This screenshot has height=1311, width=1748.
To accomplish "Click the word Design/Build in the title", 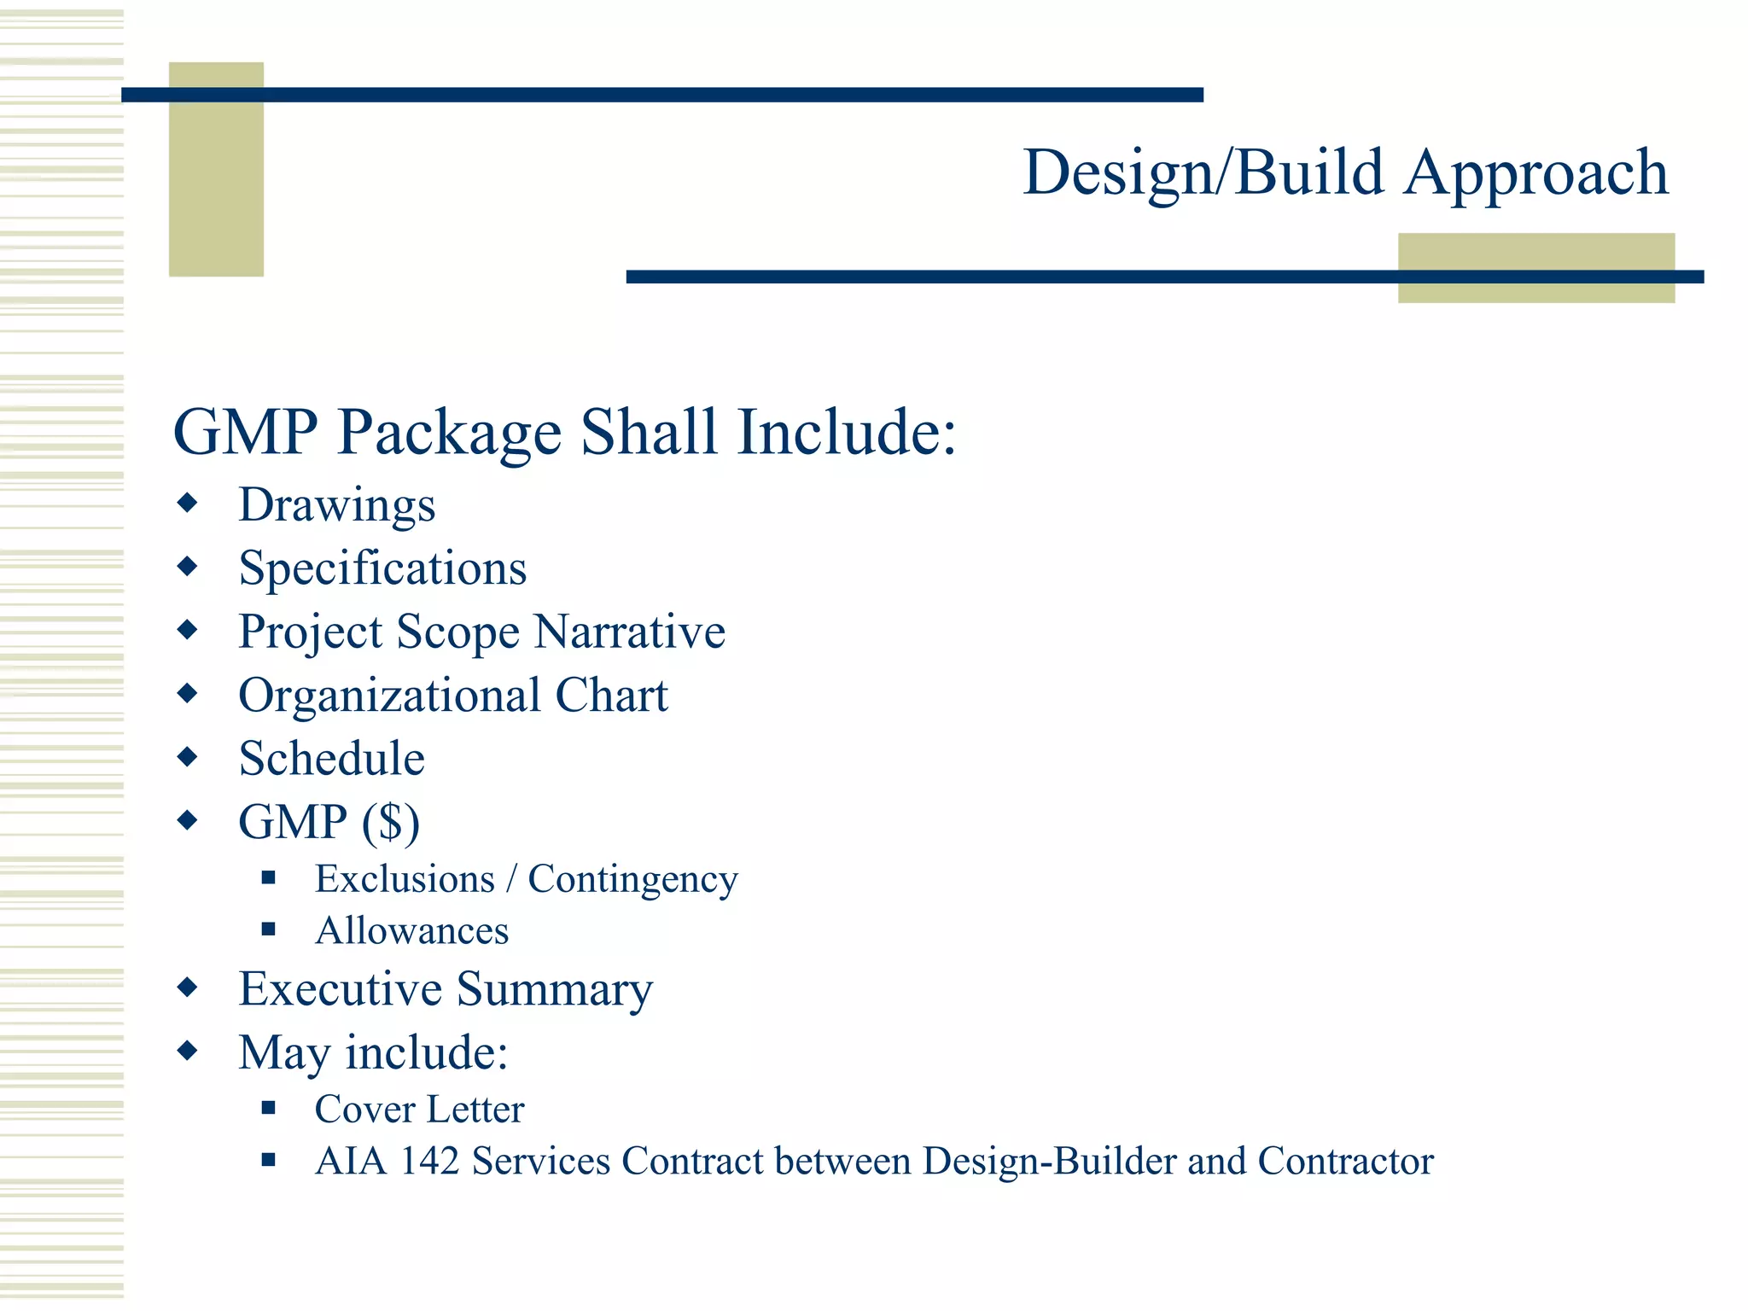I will point(1203,173).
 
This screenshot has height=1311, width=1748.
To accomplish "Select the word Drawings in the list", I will point(337,505).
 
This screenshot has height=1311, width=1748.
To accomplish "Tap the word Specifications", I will point(382,568).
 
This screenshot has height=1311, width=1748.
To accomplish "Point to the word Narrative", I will point(630,632).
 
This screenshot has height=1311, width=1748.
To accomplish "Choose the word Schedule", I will point(332,759).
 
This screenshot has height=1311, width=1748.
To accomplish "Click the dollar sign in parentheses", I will point(391,823).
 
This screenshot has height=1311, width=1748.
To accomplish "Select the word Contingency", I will point(632,880).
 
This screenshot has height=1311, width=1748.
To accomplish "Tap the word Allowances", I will point(412,931).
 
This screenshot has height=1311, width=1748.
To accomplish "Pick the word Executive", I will point(340,989).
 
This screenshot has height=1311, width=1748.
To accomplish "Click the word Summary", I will point(555,991).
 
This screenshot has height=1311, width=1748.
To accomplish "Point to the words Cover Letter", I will point(419,1110).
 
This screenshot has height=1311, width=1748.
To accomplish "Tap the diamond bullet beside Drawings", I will point(188,503).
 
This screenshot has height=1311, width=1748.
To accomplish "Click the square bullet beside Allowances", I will point(269,929).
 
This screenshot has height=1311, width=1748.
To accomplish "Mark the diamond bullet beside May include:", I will point(188,1050).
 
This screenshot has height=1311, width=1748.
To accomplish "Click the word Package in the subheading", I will point(450,432).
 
